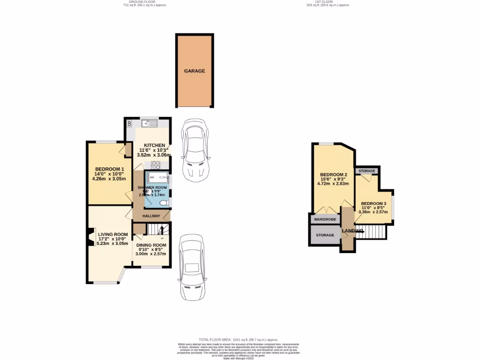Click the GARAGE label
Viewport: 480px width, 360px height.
(194, 71)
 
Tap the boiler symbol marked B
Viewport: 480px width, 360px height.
(129, 124)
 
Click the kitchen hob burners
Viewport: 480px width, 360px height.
(156, 165)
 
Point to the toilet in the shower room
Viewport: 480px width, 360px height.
(162, 203)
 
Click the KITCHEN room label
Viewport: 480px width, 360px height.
(154, 145)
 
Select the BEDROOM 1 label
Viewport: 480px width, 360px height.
(109, 169)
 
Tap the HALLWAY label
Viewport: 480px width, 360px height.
(151, 216)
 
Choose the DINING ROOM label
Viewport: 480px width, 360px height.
(151, 245)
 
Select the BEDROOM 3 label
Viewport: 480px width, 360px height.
(373, 203)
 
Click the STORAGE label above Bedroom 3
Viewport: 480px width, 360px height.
(367, 171)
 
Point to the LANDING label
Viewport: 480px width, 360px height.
(352, 231)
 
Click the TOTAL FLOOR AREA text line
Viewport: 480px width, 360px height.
(239, 339)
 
